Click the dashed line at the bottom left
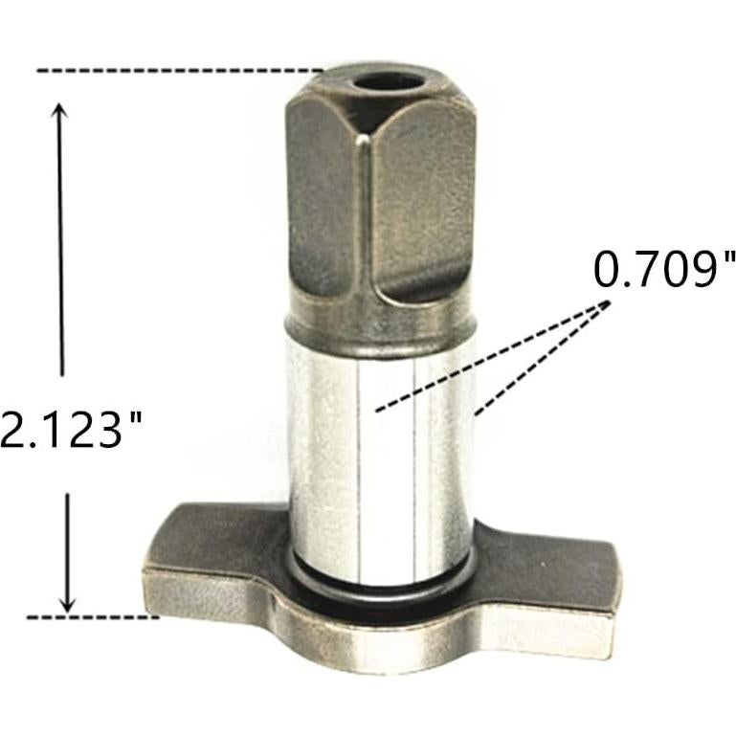click(x=92, y=617)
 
